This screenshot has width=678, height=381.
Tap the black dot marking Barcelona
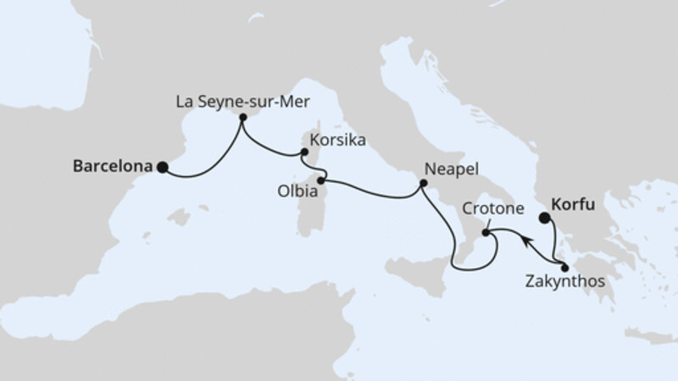pyautogui.click(x=163, y=167)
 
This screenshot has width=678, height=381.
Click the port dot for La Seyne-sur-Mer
pyautogui.click(x=242, y=119)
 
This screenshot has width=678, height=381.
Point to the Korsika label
pyautogui.click(x=338, y=140)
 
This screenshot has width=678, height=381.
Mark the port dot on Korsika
pyautogui.click(x=303, y=153)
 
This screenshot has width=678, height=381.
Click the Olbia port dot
pyautogui.click(x=321, y=179)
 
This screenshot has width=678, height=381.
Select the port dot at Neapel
pyautogui.click(x=421, y=182)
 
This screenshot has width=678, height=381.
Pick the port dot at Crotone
pyautogui.click(x=485, y=232)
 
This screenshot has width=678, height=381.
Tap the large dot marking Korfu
pyautogui.click(x=545, y=218)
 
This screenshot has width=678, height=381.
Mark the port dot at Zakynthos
pyautogui.click(x=564, y=268)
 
